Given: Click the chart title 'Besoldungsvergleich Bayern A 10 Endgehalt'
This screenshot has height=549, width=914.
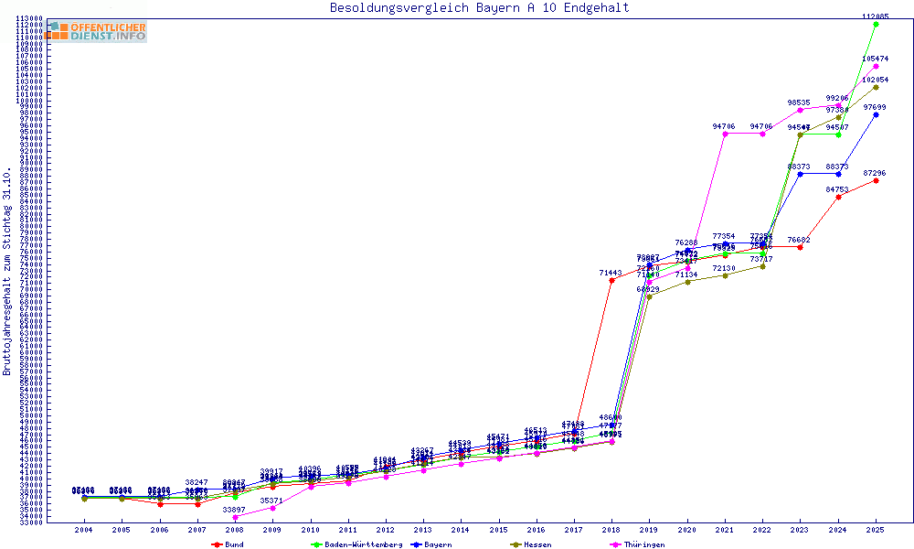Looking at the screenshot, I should point(479,8).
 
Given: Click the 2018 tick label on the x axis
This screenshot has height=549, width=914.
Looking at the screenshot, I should point(611,530).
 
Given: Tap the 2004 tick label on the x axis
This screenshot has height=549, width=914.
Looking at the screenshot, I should point(83,530).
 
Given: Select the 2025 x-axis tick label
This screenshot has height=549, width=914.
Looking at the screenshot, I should point(876,530).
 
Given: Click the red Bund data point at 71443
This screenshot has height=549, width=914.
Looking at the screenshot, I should point(611,280).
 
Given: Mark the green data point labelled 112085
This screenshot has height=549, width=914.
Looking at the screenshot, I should point(876,24).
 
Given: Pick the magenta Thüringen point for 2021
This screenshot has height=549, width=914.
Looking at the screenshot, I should point(725,134).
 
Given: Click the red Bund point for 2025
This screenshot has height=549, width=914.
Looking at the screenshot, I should point(876,180).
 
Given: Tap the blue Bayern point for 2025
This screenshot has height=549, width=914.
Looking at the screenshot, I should point(876,114).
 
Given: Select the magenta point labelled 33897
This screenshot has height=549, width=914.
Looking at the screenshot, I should point(234,517).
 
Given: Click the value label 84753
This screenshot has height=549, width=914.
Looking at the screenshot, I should point(837,189).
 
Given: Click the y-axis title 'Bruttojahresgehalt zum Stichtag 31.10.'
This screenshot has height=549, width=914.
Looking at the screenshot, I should point(7,271).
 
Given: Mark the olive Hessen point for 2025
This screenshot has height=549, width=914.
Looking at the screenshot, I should point(876,87).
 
